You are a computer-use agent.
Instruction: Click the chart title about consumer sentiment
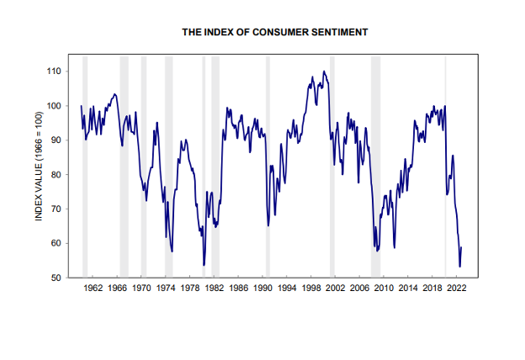[275, 32]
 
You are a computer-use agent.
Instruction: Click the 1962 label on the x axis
[93, 288]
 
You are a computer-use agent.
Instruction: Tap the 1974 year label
[167, 288]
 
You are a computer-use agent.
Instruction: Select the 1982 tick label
[215, 288]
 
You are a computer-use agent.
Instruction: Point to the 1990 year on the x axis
[263, 288]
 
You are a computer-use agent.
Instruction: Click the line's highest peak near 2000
[324, 71]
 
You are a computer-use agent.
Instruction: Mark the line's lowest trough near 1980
[204, 265]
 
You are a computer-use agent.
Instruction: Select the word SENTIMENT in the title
[338, 32]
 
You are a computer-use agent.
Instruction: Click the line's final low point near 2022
[459, 267]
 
